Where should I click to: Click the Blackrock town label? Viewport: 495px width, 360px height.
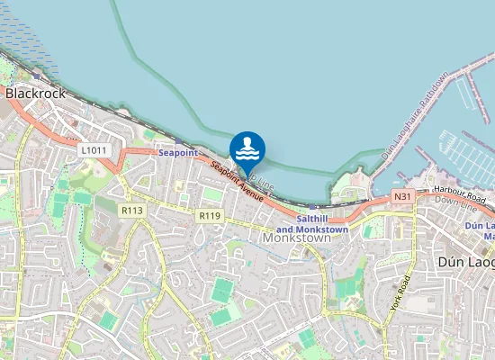pyautogui.click(x=32, y=93)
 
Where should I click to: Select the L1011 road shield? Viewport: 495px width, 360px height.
pyautogui.click(x=93, y=149)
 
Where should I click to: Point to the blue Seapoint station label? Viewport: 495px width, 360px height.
pyautogui.click(x=177, y=153)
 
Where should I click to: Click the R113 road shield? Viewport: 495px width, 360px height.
pyautogui.click(x=132, y=210)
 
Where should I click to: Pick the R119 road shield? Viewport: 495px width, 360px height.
pyautogui.click(x=211, y=216)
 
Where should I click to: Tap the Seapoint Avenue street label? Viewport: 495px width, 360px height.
pyautogui.click(x=238, y=181)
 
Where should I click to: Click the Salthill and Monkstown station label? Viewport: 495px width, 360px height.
pyautogui.click(x=322, y=224)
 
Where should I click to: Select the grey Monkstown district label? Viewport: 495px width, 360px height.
pyautogui.click(x=297, y=239)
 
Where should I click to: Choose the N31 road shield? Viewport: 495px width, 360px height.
pyautogui.click(x=402, y=196)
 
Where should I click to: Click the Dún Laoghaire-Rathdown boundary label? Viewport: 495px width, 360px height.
pyautogui.click(x=413, y=118)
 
